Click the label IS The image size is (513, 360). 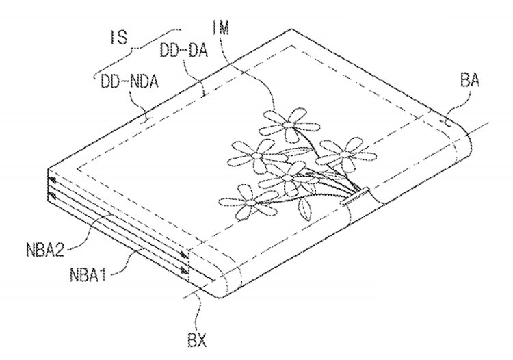tap(118, 38)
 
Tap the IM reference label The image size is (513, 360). tap(221, 27)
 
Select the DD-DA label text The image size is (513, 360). tap(183, 51)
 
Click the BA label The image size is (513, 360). tap(470, 79)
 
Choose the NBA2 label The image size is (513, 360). tap(45, 248)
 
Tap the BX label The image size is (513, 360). tap(197, 340)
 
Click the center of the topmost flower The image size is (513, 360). tap(289, 125)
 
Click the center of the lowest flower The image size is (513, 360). tap(250, 203)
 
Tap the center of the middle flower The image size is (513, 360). tap(287, 178)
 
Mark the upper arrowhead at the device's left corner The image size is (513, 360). tap(53, 180)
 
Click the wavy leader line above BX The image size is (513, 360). tap(198, 311)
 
